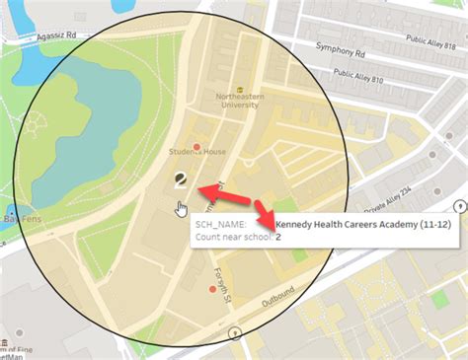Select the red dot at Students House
pyautogui.click(x=197, y=148)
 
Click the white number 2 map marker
pyautogui.click(x=180, y=180)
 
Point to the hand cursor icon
pyautogui.click(x=182, y=208)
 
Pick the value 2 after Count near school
pyautogui.click(x=278, y=237)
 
